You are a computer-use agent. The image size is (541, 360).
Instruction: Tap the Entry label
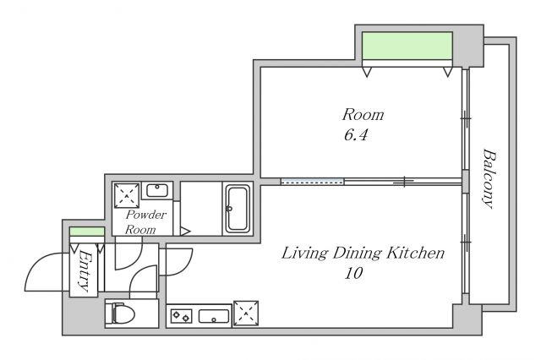point(85,271)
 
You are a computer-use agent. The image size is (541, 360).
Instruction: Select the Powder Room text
point(145,221)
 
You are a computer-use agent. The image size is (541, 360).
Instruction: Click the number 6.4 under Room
point(356,134)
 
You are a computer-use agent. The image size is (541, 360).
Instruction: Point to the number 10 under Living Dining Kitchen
point(353,274)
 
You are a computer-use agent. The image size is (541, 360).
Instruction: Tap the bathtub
point(238,209)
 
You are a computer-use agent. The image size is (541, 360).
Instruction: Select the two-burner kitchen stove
point(182,316)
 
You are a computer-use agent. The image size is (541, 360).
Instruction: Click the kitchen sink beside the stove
point(214,316)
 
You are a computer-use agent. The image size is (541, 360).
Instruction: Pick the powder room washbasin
point(157,190)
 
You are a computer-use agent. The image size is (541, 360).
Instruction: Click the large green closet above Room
point(407,46)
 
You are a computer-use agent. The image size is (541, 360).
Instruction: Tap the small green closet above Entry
point(87,232)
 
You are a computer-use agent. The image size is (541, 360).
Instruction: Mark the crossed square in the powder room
point(127,195)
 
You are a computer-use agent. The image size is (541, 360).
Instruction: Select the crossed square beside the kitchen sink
point(246,314)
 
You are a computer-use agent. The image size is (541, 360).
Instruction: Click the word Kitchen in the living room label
point(415,254)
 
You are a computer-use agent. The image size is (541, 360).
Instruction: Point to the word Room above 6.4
point(363,114)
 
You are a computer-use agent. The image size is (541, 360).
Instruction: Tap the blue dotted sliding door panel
point(312,182)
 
